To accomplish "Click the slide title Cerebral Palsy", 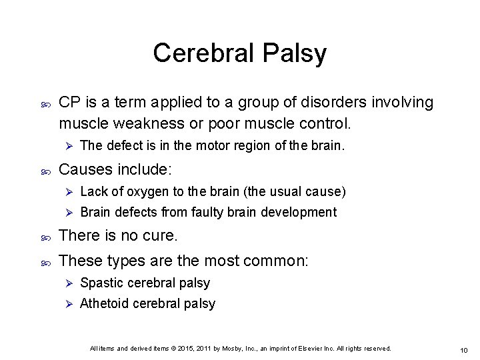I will pos(239,53).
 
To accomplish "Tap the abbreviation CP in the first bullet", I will pos(70,103).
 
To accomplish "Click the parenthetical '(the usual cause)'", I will pos(296,192).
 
